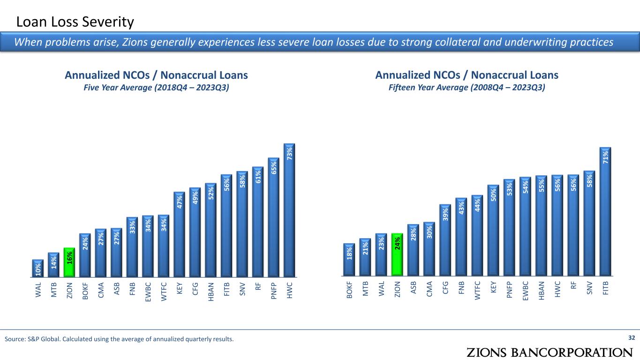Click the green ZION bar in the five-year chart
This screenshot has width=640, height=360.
click(x=69, y=262)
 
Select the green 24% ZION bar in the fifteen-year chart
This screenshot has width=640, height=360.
click(x=397, y=254)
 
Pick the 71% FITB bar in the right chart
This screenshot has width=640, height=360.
click(x=605, y=211)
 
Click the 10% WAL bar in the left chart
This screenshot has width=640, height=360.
click(x=38, y=268)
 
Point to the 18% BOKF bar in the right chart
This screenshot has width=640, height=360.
click(x=349, y=259)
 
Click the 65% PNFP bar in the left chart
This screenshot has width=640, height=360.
click(x=274, y=217)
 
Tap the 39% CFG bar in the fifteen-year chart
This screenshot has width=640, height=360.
click(x=445, y=240)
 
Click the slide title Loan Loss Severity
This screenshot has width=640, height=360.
click(x=75, y=22)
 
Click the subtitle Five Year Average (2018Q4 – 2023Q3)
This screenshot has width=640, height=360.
click(x=156, y=88)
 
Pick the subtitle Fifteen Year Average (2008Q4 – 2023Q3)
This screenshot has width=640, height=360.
click(x=467, y=88)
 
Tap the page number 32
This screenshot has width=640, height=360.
click(x=631, y=338)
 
